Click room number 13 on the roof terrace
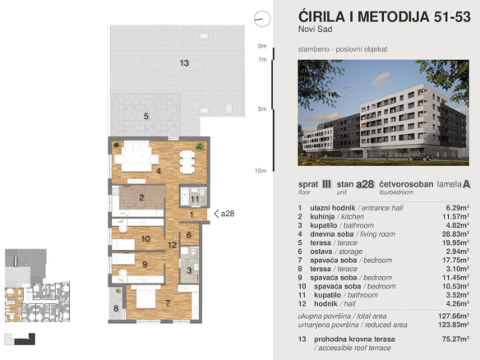[x=184, y=62]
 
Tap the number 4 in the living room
[x=159, y=171]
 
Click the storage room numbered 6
[x=188, y=235]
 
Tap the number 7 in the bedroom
[x=168, y=303]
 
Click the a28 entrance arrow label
[x=224, y=214]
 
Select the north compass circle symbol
[x=262, y=18]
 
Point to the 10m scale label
[x=261, y=171]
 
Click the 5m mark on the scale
[x=262, y=109]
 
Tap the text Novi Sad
[x=316, y=30]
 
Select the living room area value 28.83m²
[x=457, y=234]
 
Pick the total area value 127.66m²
[x=454, y=316]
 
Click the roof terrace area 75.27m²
[x=455, y=339]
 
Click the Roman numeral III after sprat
[x=326, y=184]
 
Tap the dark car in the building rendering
[x=421, y=157]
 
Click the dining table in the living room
[x=187, y=162]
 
